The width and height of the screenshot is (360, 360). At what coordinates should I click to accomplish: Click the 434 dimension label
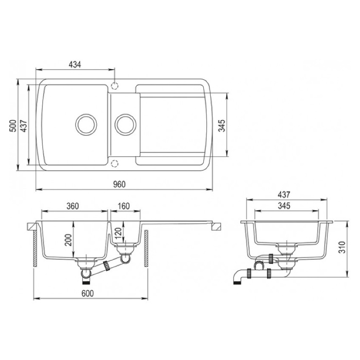75,65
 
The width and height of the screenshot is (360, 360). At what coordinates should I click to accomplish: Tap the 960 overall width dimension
119,184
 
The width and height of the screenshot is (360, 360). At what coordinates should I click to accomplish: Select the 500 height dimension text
13,126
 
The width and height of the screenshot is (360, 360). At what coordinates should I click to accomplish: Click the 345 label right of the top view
221,126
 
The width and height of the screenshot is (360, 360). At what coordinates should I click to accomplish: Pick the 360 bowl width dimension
72,206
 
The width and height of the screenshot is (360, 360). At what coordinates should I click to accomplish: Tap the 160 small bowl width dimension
124,206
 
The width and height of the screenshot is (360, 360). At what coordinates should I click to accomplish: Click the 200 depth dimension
68,240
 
